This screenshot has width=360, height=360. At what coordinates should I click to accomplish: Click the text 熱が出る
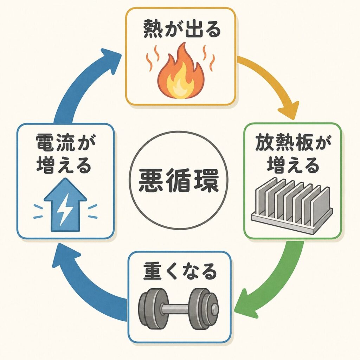click(x=182, y=30)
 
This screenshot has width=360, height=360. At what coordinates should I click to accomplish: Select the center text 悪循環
click(x=179, y=181)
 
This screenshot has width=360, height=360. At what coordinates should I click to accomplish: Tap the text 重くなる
click(x=180, y=271)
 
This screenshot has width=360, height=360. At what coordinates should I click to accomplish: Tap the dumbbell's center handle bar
click(x=179, y=308)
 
